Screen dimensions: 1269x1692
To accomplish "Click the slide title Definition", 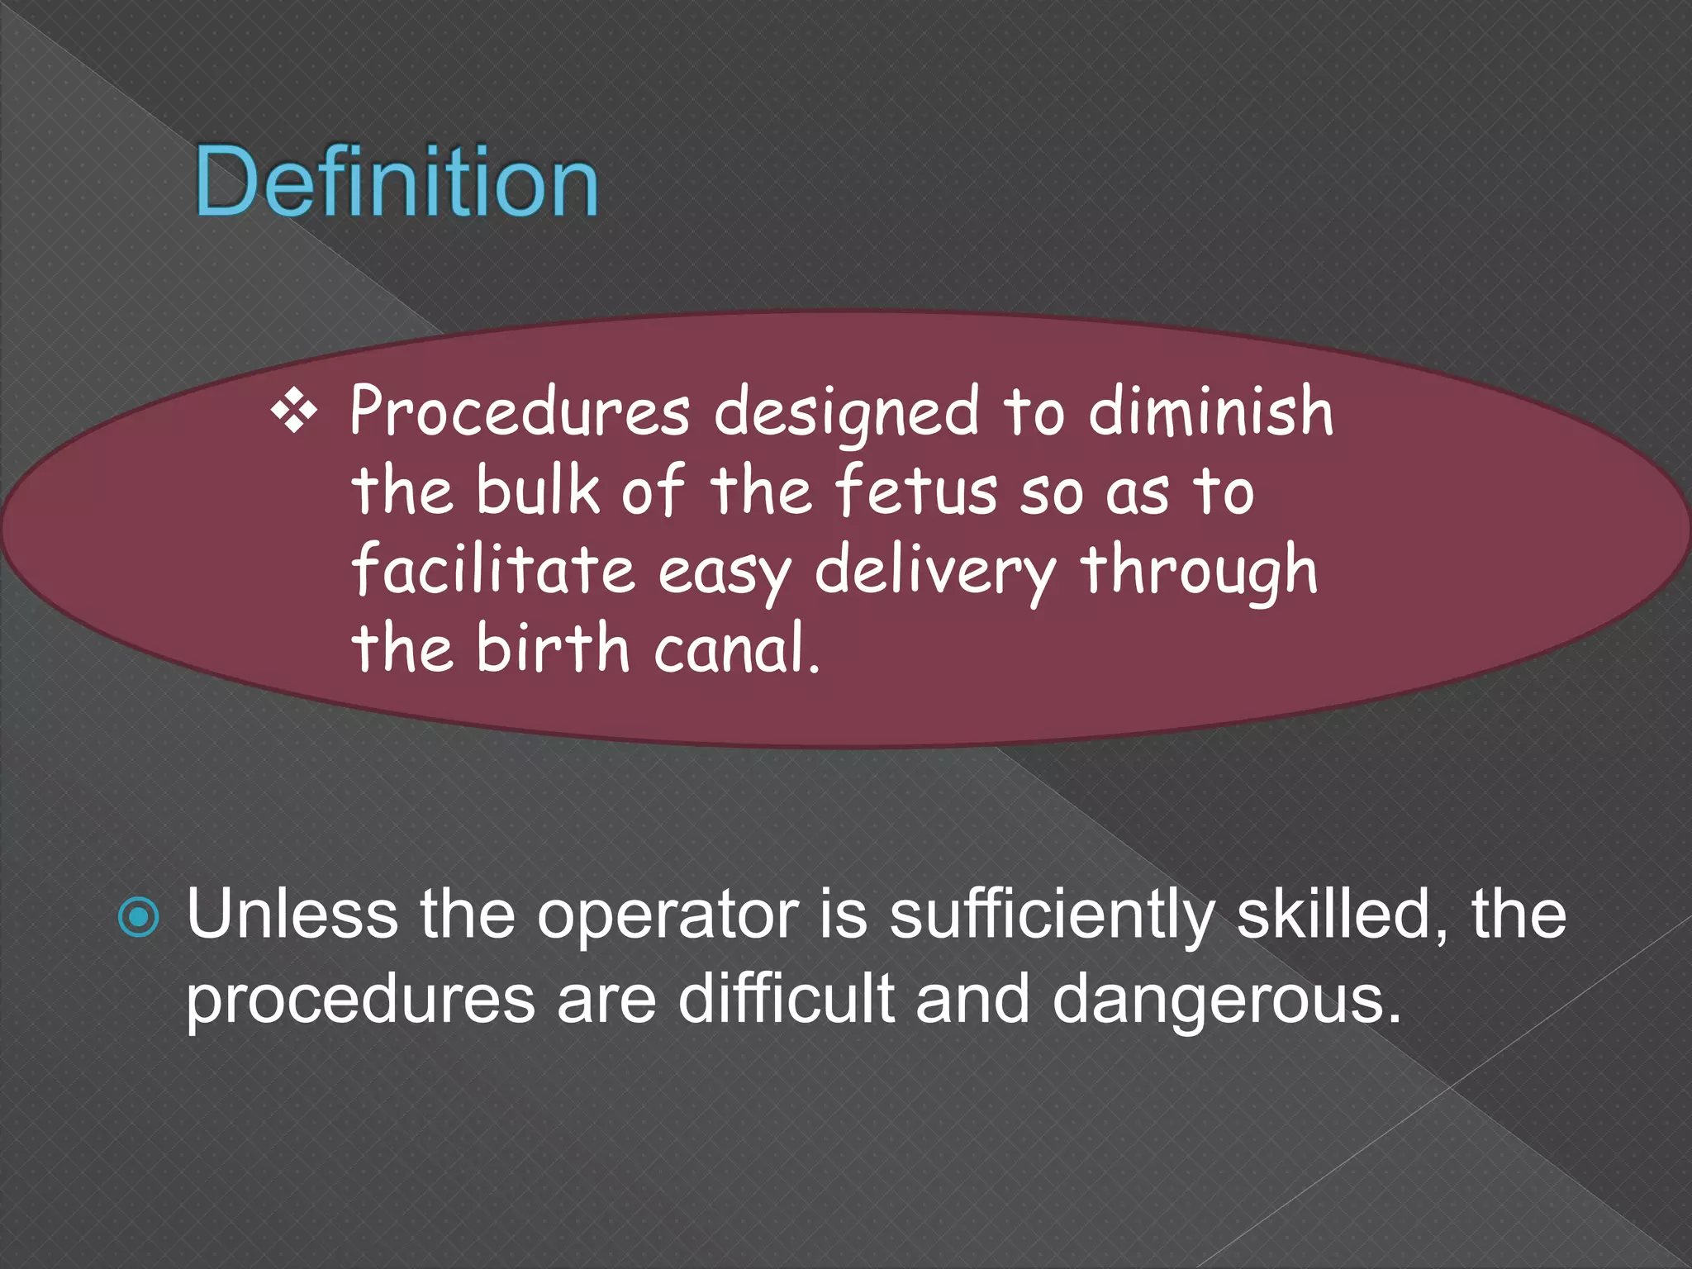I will click(x=397, y=182).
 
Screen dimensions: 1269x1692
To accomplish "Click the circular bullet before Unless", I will click(x=139, y=918).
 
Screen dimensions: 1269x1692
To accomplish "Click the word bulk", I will click(x=537, y=490).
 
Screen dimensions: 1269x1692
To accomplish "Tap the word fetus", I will click(x=916, y=490).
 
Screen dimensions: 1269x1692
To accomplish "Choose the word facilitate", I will click(x=493, y=570).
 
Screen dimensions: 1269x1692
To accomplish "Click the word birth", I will click(x=553, y=649).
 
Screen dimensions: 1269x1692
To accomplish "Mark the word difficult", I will click(x=786, y=999).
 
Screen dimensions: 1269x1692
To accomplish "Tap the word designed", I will click(x=846, y=413).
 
